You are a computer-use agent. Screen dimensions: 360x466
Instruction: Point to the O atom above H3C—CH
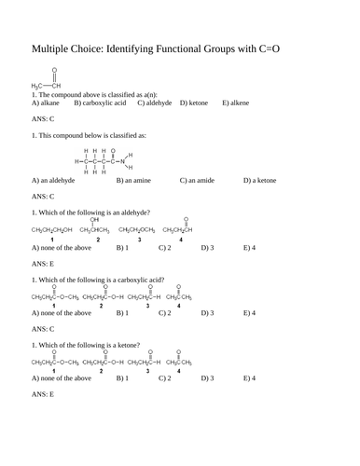(54, 70)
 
